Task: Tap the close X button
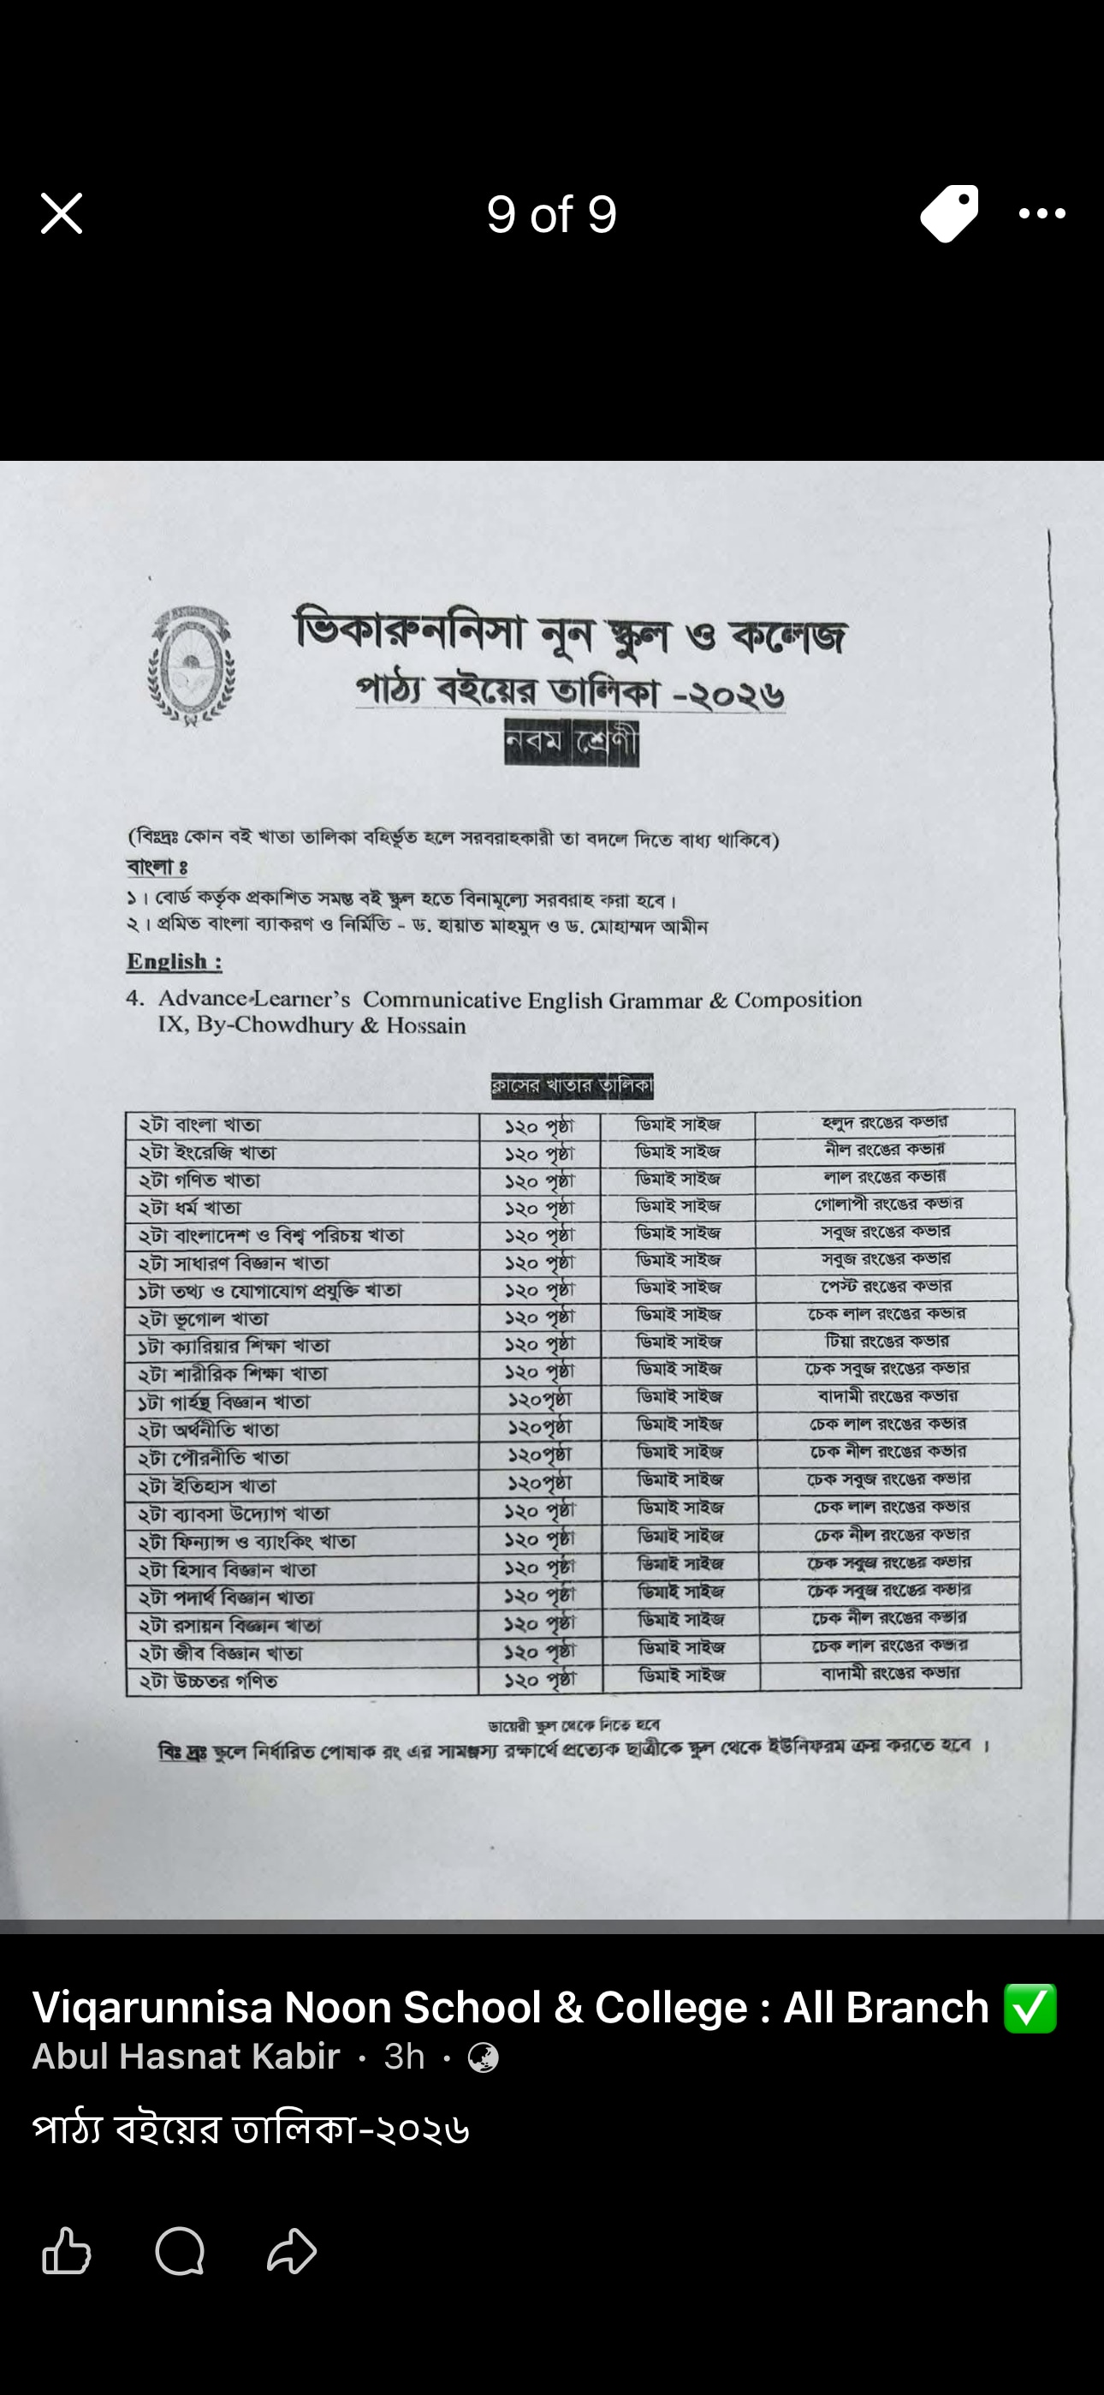(x=62, y=214)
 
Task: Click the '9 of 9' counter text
(x=551, y=215)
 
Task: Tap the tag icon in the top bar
(x=949, y=214)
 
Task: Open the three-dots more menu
(x=1042, y=214)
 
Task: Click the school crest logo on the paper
(x=192, y=666)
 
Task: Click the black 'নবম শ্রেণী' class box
(x=572, y=743)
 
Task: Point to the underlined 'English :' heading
(x=174, y=961)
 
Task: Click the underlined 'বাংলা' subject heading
(x=156, y=867)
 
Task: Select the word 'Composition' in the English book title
(x=798, y=1000)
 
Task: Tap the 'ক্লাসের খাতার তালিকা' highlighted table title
(x=572, y=1086)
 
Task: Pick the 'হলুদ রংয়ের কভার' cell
(x=885, y=1123)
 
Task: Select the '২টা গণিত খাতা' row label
(x=199, y=1180)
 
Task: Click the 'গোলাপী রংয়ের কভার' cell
(x=887, y=1204)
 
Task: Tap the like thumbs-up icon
(x=67, y=2251)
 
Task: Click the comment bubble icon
(x=180, y=2251)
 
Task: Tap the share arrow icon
(x=292, y=2251)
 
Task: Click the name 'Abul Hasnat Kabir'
(x=186, y=2057)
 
